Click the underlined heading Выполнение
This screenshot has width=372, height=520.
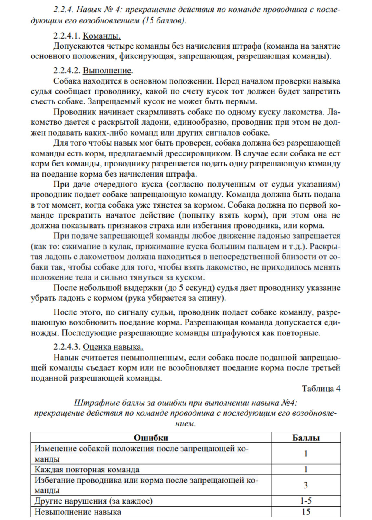(x=108, y=70)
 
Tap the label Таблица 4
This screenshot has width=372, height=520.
(x=321, y=388)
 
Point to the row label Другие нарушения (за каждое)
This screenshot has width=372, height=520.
(x=93, y=501)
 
